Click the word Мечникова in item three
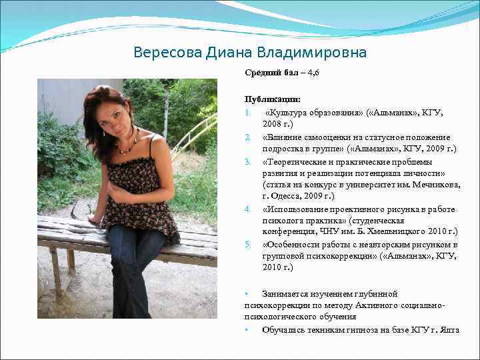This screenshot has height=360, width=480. (x=433, y=185)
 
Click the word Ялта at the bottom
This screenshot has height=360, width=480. (x=449, y=329)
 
